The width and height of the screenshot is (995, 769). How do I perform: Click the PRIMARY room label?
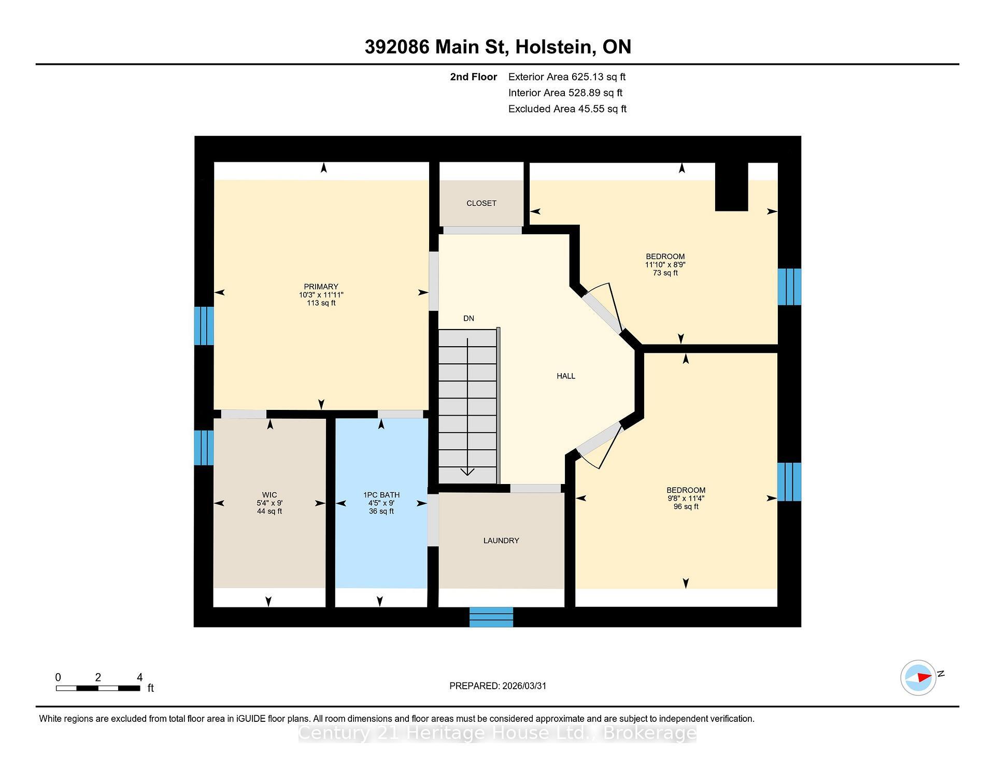click(321, 287)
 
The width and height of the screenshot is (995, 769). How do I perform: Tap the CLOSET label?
click(481, 203)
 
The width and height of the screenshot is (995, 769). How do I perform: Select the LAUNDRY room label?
click(501, 540)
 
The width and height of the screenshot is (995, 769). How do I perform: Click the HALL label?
click(565, 376)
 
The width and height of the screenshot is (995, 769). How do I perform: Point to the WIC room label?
click(269, 495)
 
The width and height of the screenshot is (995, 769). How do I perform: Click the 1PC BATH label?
click(381, 495)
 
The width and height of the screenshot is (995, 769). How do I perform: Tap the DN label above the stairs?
click(468, 318)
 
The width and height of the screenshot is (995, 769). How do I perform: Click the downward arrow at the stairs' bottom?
click(467, 471)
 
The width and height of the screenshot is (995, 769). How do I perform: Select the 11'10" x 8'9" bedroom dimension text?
click(665, 264)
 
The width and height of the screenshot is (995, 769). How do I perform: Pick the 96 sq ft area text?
click(686, 506)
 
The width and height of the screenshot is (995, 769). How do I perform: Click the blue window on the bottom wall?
click(491, 617)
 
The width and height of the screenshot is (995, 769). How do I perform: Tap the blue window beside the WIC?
click(204, 447)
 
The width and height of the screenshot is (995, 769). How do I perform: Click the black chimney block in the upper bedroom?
click(731, 187)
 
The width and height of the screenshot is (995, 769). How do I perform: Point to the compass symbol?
click(918, 677)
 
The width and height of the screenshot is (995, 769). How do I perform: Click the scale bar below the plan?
click(98, 688)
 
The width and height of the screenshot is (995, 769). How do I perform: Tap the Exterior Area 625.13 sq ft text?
click(566, 77)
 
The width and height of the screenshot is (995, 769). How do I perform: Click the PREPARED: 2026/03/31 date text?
click(497, 686)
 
